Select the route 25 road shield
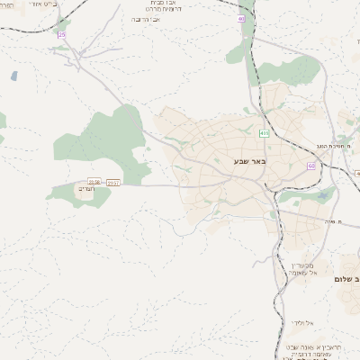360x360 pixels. point(61,34)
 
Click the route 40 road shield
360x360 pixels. point(241,18)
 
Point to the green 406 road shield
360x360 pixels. point(264,133)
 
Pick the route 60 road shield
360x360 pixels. point(311,166)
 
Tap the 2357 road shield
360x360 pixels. point(113,183)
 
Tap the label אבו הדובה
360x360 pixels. point(147,19)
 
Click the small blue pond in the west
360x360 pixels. point(14,76)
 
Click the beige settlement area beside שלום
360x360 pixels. point(349,266)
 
